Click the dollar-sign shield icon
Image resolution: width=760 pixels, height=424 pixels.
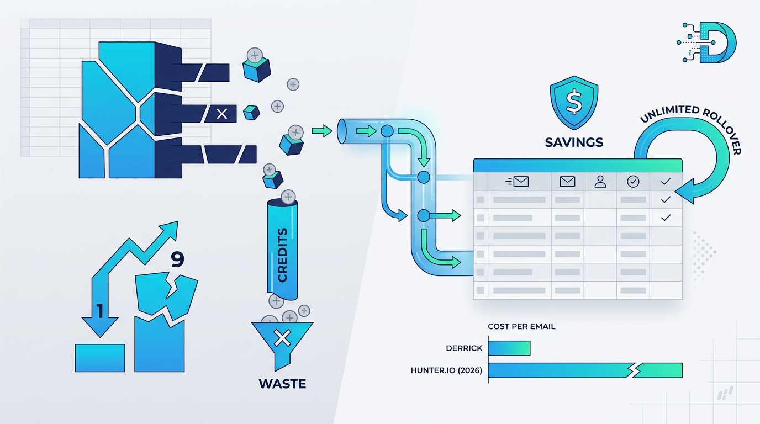pyautogui.click(x=574, y=103)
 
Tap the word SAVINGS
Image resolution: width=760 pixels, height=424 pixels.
pyautogui.click(x=574, y=142)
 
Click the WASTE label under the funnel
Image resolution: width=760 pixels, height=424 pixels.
pyautogui.click(x=282, y=383)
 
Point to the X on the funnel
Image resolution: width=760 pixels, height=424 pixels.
pyautogui.click(x=282, y=337)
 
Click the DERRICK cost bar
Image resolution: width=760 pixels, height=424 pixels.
pyautogui.click(x=509, y=348)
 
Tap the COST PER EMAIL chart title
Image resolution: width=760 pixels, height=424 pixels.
pyautogui.click(x=521, y=326)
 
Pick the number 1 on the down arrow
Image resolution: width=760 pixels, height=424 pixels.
pyautogui.click(x=100, y=311)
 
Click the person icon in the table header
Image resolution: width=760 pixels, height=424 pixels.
pyautogui.click(x=600, y=181)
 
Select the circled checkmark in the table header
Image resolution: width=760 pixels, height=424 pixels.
pyautogui.click(x=633, y=181)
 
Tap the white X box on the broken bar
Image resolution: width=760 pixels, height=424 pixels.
pyautogui.click(x=222, y=114)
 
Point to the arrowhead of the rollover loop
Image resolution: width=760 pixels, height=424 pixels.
pyautogui.click(x=683, y=192)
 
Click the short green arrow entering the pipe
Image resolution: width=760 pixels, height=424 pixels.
pyautogui.click(x=321, y=131)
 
